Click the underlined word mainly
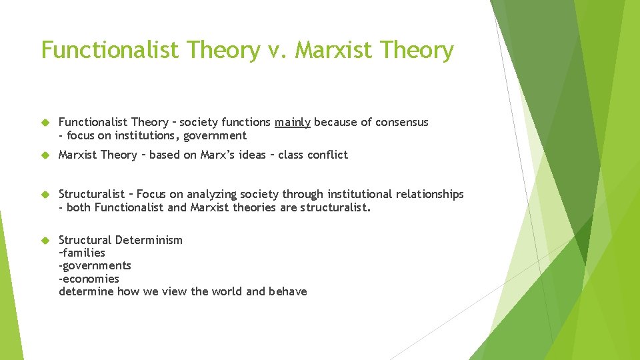pyautogui.click(x=293, y=123)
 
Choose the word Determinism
pyautogui.click(x=150, y=240)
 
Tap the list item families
pyautogui.click(x=83, y=253)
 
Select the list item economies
pyautogui.click(x=90, y=279)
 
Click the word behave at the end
pyautogui.click(x=288, y=291)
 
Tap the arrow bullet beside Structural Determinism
pyautogui.click(x=46, y=240)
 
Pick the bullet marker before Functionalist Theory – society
pyautogui.click(x=46, y=123)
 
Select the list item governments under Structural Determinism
pyautogui.click(x=96, y=266)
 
